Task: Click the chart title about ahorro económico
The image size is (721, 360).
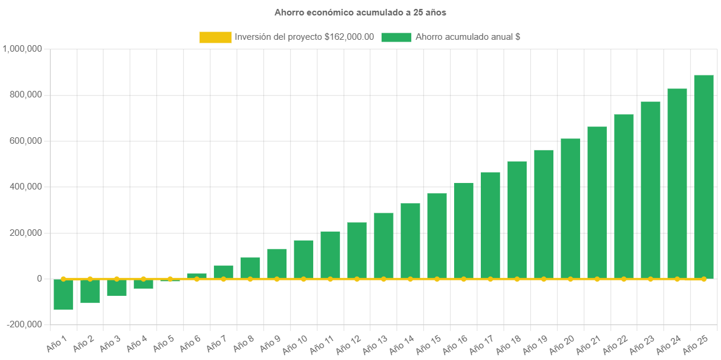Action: click(360, 12)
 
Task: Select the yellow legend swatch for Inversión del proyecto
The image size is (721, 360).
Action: click(215, 37)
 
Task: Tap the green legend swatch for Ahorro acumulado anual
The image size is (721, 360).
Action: click(396, 37)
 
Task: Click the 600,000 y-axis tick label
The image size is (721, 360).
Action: click(25, 141)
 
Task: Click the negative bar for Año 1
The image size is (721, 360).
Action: click(63, 295)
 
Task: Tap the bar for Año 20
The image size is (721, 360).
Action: click(570, 208)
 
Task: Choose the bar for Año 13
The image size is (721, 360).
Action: click(383, 245)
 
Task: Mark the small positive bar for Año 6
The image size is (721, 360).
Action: click(197, 276)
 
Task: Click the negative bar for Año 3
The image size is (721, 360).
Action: click(117, 288)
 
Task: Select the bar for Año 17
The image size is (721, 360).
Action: click(490, 225)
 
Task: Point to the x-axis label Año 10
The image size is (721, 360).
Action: click(296, 343)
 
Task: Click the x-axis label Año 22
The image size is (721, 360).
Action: click(616, 343)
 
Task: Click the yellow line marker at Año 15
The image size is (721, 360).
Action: click(437, 279)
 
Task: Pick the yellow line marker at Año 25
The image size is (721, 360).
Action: click(704, 279)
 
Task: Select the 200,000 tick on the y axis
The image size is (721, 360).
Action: click(25, 232)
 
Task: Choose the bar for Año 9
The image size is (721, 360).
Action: click(277, 263)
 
